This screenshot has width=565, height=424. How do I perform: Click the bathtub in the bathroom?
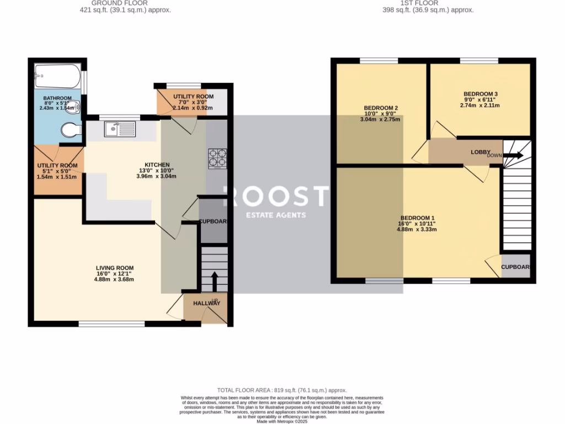point(57,76)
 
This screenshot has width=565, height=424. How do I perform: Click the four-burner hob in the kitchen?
point(217,158)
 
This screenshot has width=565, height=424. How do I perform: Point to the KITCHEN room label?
point(157,165)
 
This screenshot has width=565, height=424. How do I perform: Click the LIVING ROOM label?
point(114,268)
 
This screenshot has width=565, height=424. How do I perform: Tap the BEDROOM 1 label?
point(417,218)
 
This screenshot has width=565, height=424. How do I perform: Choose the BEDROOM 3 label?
point(480,94)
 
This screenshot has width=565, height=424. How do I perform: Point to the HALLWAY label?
point(206,304)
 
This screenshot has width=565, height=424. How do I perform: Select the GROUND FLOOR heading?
point(120,3)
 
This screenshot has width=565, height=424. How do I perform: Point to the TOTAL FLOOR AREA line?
point(282,390)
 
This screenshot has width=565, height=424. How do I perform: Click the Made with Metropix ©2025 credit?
point(282,421)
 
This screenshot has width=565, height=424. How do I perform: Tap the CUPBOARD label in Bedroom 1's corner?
point(515,267)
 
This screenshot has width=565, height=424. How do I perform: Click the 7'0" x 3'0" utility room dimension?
point(189,102)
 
